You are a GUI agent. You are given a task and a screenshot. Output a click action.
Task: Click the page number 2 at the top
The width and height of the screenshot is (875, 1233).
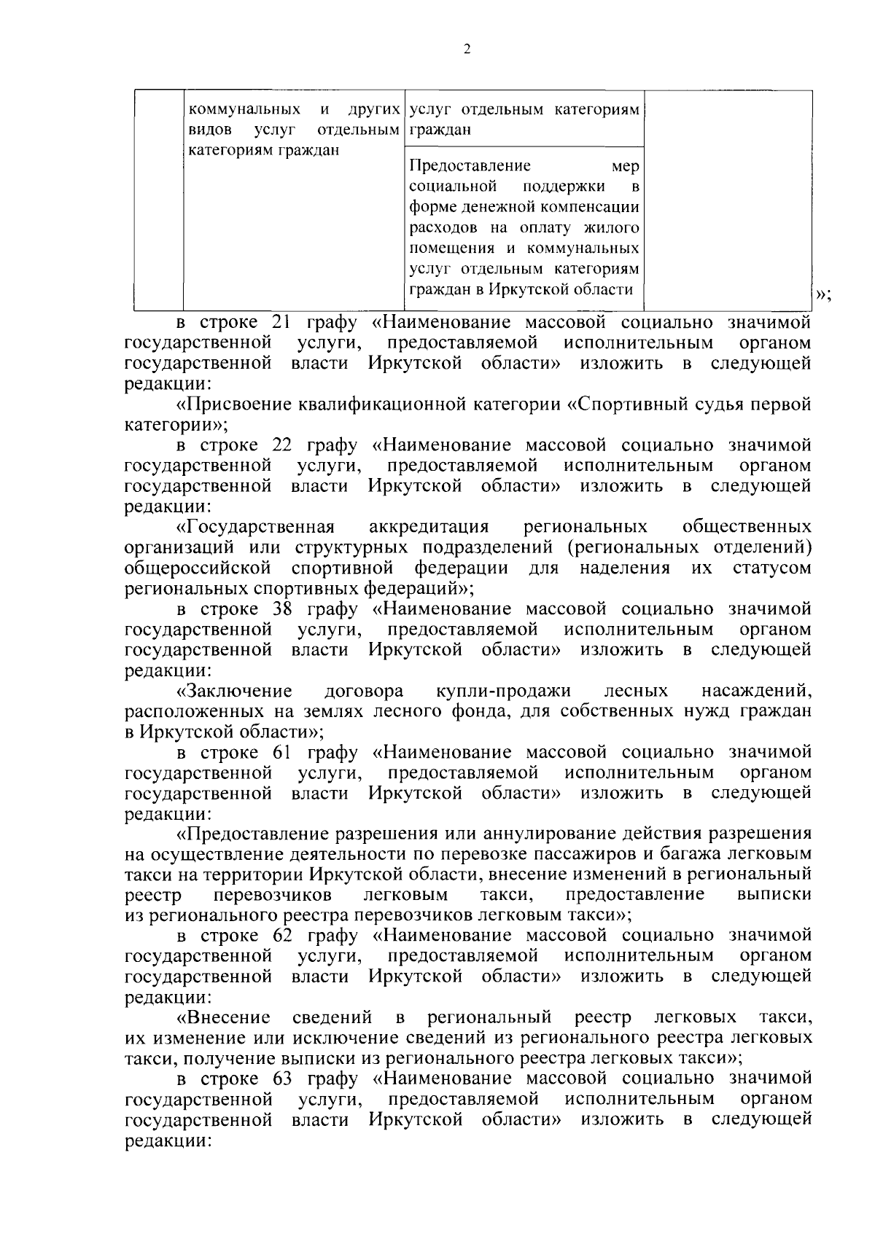[467, 50]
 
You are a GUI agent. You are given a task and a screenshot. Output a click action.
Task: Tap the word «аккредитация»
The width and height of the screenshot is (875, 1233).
[429, 526]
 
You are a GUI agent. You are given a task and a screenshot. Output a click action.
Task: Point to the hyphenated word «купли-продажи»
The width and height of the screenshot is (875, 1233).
[503, 690]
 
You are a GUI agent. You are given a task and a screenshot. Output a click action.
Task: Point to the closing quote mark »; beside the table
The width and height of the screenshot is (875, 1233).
[823, 294]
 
